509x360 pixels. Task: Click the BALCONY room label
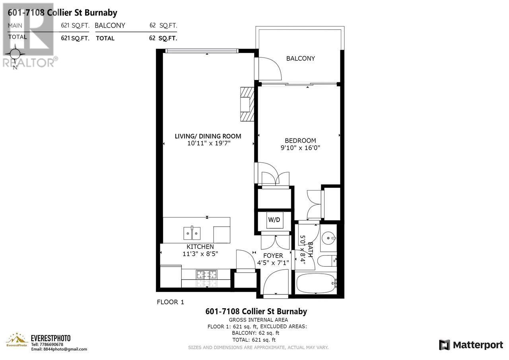tap(300, 58)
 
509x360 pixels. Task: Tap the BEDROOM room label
tap(300, 140)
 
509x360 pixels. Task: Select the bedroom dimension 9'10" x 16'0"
tap(300, 148)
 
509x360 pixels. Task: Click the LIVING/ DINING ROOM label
tap(208, 136)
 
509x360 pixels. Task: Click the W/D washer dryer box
tap(274, 220)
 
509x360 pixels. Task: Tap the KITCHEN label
tap(200, 247)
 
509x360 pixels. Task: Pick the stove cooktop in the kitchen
tap(206, 274)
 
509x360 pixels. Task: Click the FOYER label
tap(273, 255)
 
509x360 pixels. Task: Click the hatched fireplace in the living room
tap(247, 103)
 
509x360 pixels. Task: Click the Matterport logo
tap(471, 345)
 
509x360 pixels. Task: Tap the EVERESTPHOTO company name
tap(51, 338)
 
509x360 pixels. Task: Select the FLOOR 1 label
tap(170, 302)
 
